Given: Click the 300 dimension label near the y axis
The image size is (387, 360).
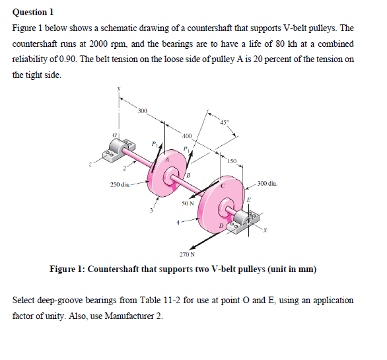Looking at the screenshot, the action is click(143, 110).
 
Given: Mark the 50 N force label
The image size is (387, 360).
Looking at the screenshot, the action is click(188, 203).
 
